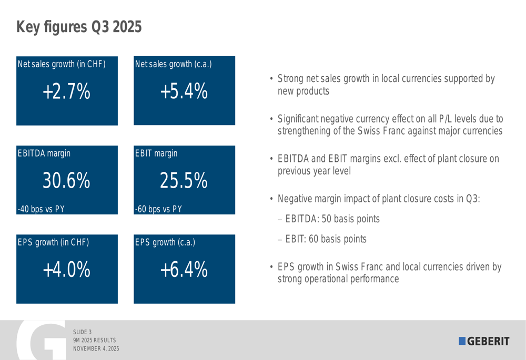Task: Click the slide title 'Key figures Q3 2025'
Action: click(x=79, y=27)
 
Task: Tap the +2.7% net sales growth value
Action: click(x=66, y=92)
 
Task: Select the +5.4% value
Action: click(x=184, y=92)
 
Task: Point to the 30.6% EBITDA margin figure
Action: click(x=66, y=181)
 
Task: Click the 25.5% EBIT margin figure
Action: click(x=184, y=181)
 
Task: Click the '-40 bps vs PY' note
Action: click(x=41, y=209)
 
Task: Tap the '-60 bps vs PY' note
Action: click(x=158, y=209)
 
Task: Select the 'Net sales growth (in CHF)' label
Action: click(x=62, y=64)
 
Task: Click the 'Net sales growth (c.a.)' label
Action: click(x=174, y=64)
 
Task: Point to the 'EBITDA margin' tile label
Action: click(x=44, y=153)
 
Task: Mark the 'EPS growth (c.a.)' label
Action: click(x=165, y=242)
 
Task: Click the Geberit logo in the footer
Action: click(x=484, y=341)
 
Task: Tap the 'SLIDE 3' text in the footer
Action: click(x=83, y=332)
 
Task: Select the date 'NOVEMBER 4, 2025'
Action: click(x=96, y=348)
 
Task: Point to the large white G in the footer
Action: click(x=39, y=342)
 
